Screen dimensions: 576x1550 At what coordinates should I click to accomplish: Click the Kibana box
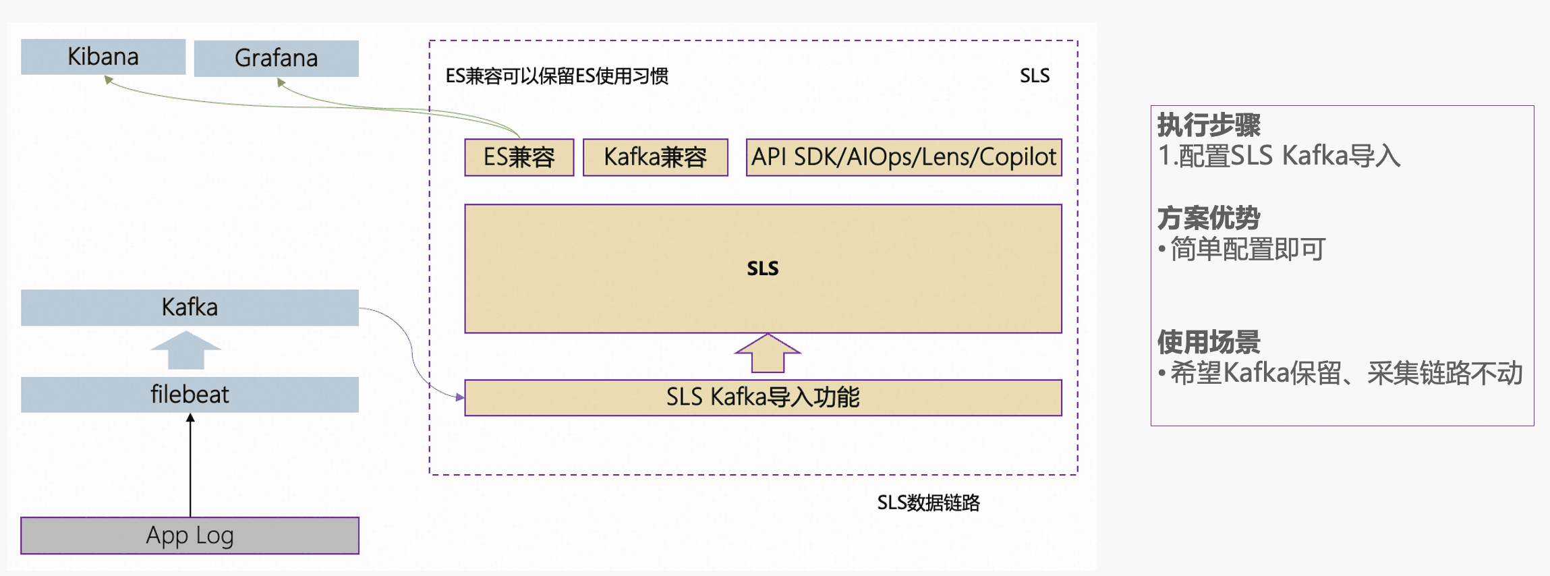click(x=103, y=57)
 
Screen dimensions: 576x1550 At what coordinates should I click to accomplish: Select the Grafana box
click(x=276, y=59)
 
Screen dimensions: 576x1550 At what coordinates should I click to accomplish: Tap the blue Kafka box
click(x=190, y=308)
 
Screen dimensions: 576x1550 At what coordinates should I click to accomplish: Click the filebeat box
click(x=190, y=395)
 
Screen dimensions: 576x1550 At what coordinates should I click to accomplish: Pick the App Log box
click(x=190, y=536)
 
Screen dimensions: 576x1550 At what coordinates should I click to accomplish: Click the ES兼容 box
click(x=519, y=157)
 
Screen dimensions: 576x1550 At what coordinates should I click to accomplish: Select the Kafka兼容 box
click(x=655, y=157)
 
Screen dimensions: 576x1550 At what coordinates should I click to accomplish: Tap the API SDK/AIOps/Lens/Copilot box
click(x=903, y=157)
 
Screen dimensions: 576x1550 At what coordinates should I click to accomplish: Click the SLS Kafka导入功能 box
click(x=763, y=397)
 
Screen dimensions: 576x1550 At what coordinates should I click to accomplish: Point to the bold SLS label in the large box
click(x=763, y=268)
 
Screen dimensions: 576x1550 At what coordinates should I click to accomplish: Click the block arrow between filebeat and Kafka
click(x=185, y=350)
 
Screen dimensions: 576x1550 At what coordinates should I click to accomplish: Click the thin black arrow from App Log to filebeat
click(x=190, y=465)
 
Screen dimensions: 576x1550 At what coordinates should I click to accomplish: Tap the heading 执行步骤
click(x=1209, y=125)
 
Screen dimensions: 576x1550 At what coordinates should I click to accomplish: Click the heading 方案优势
click(x=1209, y=219)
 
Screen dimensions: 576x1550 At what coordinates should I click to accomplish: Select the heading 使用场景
click(x=1209, y=343)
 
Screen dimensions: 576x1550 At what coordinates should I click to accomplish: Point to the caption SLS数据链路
click(x=928, y=503)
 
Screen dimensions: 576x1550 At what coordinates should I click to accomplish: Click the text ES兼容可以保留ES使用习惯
click(x=556, y=76)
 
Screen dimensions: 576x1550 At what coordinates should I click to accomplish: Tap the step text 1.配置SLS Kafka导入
click(x=1279, y=156)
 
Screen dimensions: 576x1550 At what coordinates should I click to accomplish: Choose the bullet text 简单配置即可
click(x=1247, y=250)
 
